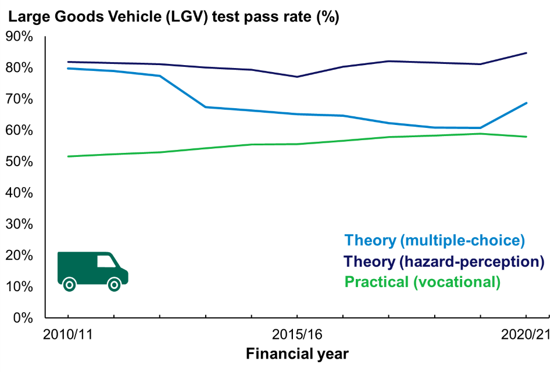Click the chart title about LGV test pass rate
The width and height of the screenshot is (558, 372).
point(173,17)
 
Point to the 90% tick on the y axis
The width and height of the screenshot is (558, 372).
point(19,36)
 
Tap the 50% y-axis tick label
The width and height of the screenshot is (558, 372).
point(19,162)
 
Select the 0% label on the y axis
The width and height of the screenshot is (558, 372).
point(22,318)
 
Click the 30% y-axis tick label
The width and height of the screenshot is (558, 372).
point(19,224)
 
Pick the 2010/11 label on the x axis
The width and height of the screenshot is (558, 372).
point(68,335)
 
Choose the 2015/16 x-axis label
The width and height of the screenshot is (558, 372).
point(297,335)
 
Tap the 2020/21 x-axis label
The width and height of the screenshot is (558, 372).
point(525,335)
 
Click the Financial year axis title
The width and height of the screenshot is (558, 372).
point(297,353)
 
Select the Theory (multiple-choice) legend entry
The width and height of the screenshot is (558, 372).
point(435,240)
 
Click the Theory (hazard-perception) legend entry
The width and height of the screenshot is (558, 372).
point(444,262)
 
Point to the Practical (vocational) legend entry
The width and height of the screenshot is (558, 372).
point(423,282)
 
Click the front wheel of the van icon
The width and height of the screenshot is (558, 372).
point(115,285)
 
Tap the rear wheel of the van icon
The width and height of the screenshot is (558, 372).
point(69,285)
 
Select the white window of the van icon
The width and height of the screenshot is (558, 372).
point(106,261)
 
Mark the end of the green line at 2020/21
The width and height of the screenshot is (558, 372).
point(526,137)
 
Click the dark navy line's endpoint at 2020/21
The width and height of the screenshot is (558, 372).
point(526,53)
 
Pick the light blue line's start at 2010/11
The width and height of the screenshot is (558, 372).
point(68,69)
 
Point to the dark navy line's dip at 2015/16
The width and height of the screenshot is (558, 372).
point(297,77)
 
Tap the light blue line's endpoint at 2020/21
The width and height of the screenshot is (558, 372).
point(526,103)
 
